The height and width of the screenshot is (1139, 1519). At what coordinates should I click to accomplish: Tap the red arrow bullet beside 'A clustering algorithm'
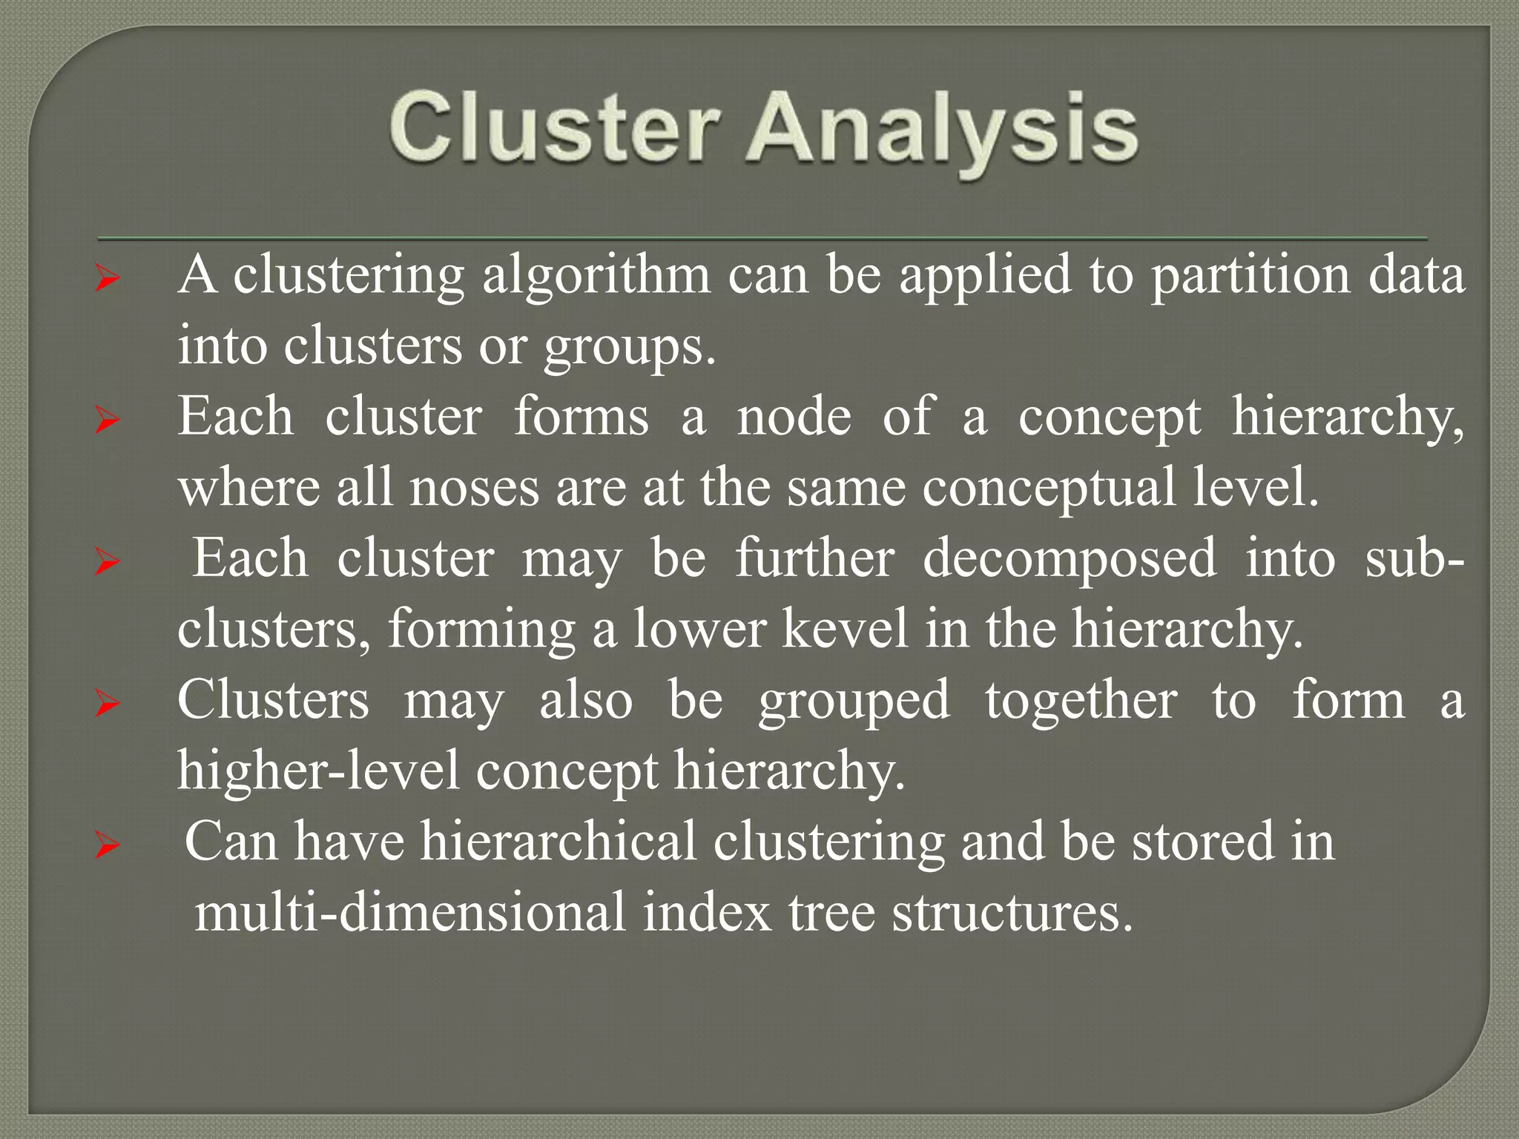[x=108, y=280]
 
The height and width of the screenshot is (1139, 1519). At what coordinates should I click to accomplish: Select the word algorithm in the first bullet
[x=596, y=277]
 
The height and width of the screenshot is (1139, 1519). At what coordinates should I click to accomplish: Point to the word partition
[x=1251, y=277]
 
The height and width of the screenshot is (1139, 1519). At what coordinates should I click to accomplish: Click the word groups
[x=630, y=347]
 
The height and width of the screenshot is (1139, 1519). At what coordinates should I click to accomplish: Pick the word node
[x=794, y=417]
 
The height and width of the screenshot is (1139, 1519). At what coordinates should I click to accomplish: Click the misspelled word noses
[x=474, y=488]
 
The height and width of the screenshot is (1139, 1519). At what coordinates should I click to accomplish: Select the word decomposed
[x=1070, y=558]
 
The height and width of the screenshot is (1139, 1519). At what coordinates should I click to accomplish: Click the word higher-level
[x=318, y=770]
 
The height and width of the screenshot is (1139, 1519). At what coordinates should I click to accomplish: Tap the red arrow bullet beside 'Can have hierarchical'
[x=108, y=845]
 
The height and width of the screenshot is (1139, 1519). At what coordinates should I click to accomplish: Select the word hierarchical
[x=558, y=842]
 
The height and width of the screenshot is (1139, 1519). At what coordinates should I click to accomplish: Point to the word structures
[x=1012, y=912]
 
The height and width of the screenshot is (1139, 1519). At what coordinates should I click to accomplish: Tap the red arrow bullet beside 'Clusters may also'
[x=108, y=704]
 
